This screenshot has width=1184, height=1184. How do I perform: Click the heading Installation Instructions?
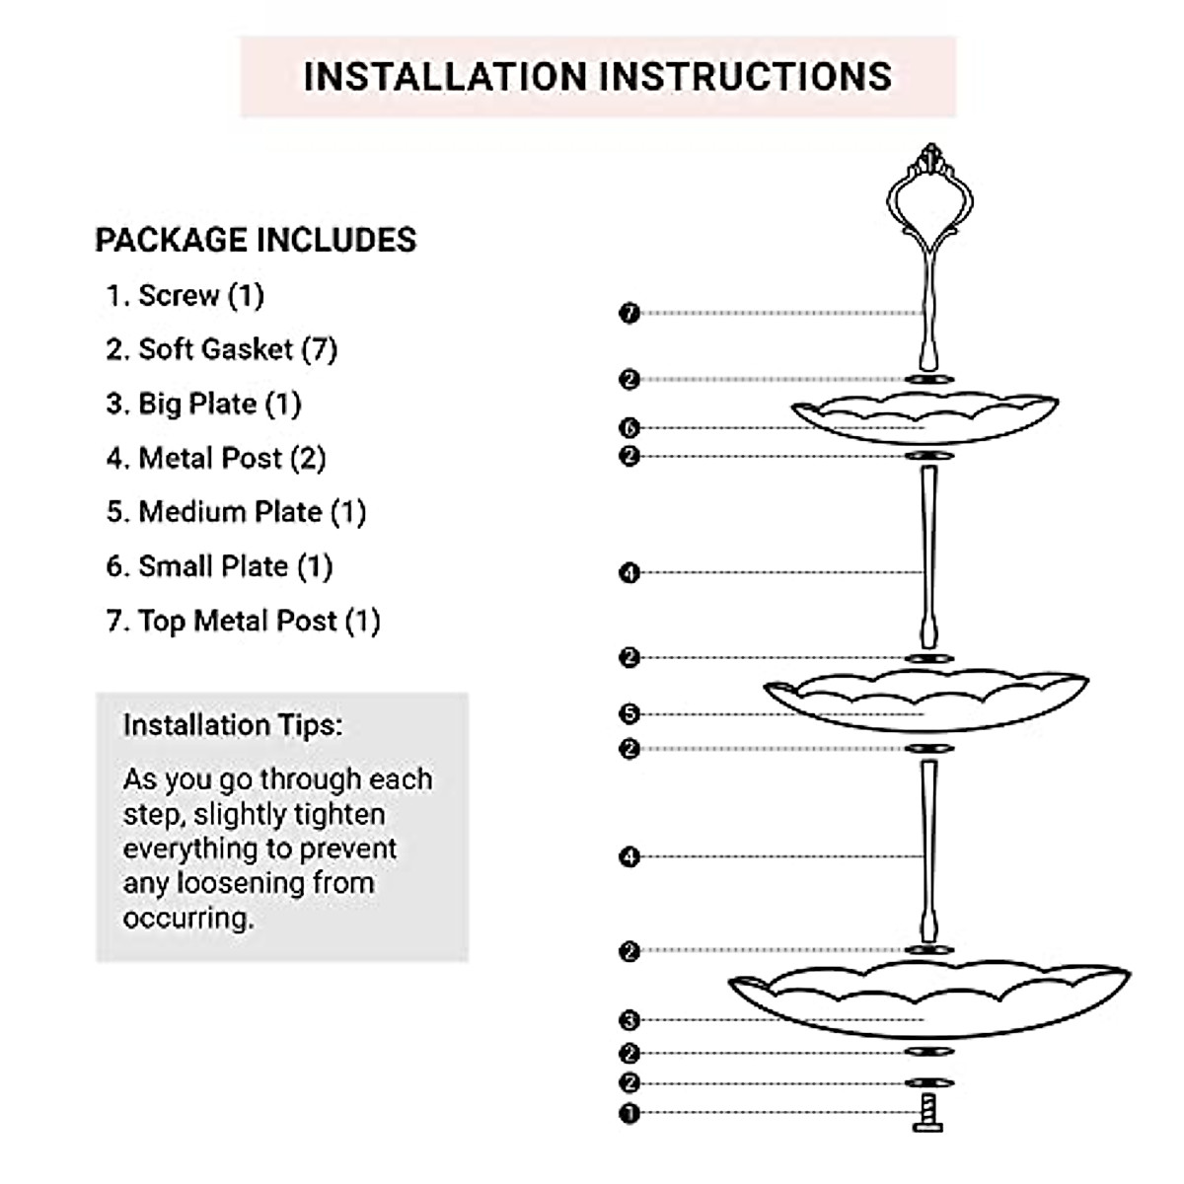pyautogui.click(x=597, y=77)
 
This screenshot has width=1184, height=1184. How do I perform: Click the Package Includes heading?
pyautogui.click(x=256, y=240)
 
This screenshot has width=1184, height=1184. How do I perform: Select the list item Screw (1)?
pyautogui.click(x=185, y=295)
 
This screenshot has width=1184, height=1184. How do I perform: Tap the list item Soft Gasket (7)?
pyautogui.click(x=222, y=349)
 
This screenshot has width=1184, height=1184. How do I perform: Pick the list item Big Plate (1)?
pyautogui.click(x=204, y=404)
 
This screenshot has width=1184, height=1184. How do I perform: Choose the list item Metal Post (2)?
pyautogui.click(x=216, y=458)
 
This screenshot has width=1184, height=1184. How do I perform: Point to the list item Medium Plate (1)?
pyautogui.click(x=237, y=512)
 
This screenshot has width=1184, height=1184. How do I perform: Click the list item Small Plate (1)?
pyautogui.click(x=220, y=566)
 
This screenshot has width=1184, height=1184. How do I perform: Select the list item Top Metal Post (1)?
pyautogui.click(x=244, y=621)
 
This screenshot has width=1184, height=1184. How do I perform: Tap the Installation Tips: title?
pyautogui.click(x=233, y=725)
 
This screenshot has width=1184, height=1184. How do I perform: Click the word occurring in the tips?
pyautogui.click(x=187, y=918)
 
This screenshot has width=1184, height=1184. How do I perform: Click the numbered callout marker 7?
pyautogui.click(x=629, y=314)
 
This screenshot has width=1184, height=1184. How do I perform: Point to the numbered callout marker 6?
pyautogui.click(x=629, y=428)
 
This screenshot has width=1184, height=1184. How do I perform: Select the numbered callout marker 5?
pyautogui.click(x=629, y=713)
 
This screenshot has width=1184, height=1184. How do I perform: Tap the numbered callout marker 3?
pyautogui.click(x=629, y=1020)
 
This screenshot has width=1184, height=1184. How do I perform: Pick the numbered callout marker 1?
pyautogui.click(x=629, y=1114)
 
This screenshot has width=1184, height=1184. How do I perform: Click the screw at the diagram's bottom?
pyautogui.click(x=926, y=1112)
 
